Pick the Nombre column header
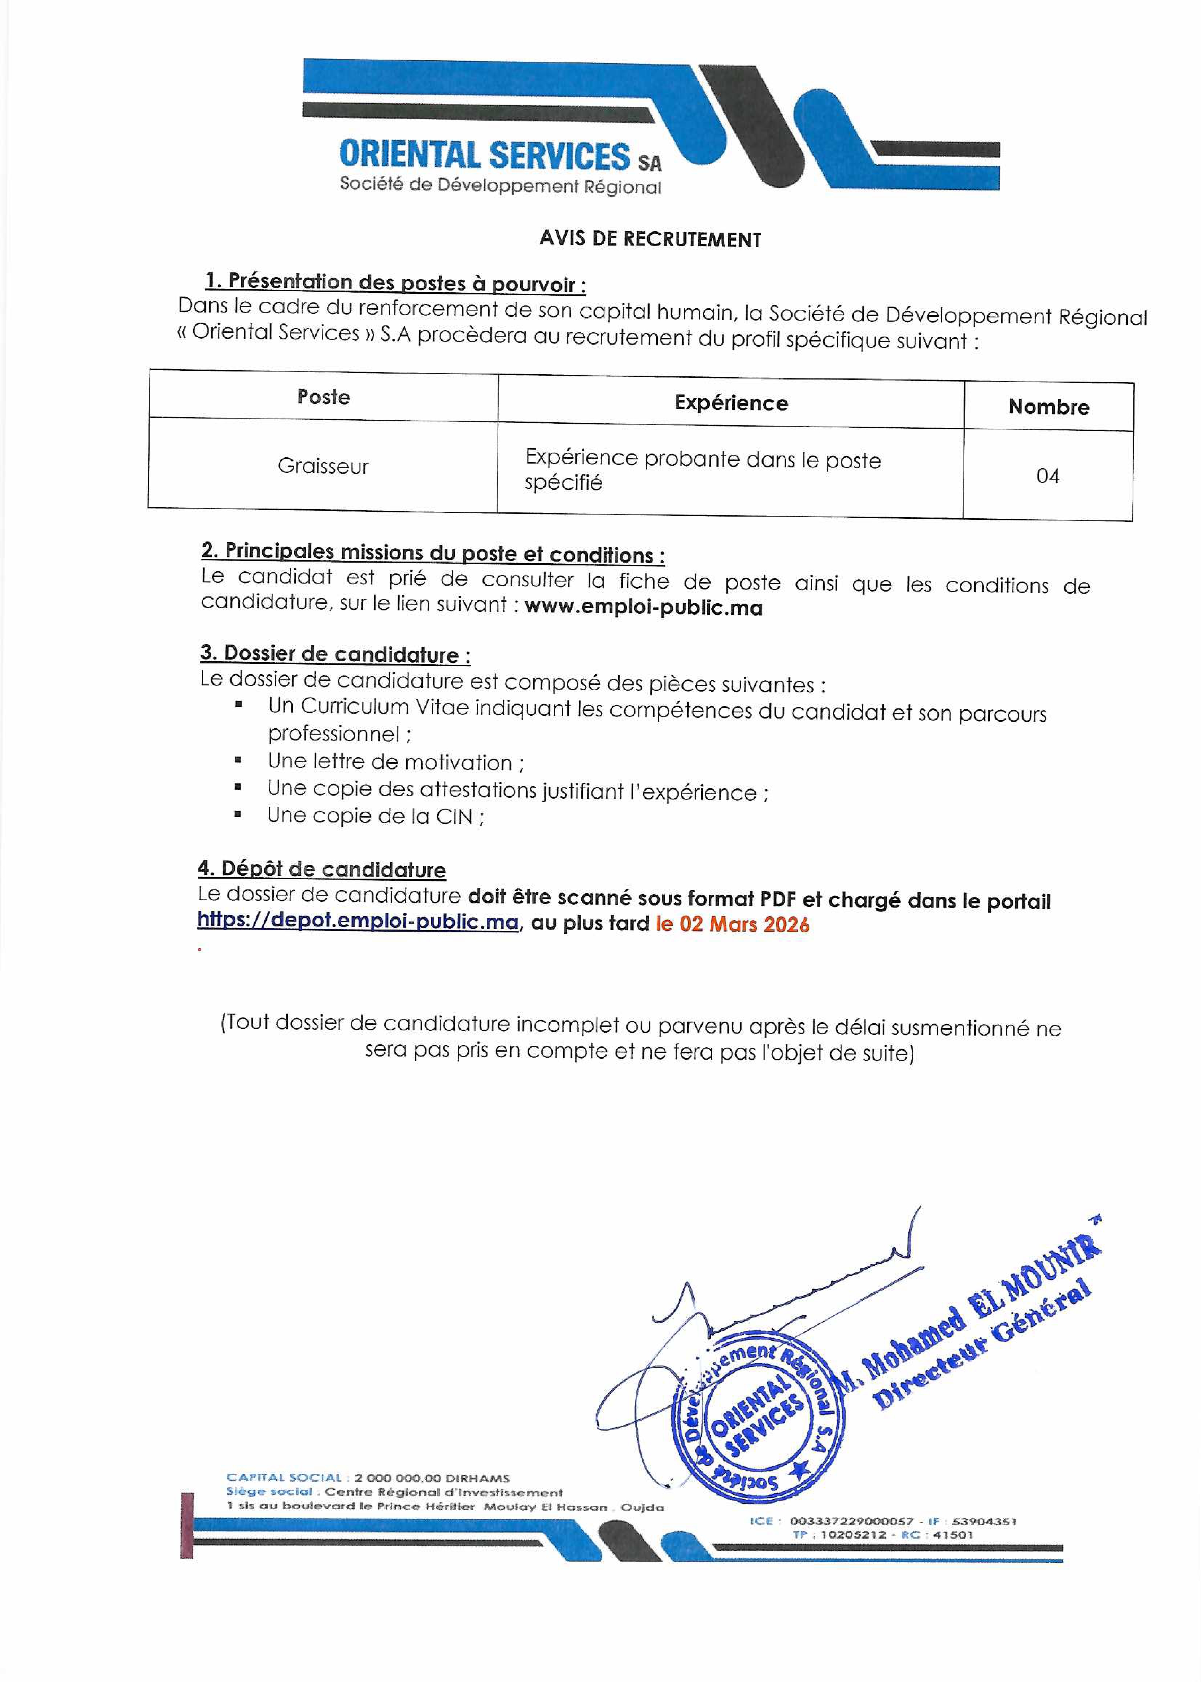coord(1048,407)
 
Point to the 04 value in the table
coord(1047,476)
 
